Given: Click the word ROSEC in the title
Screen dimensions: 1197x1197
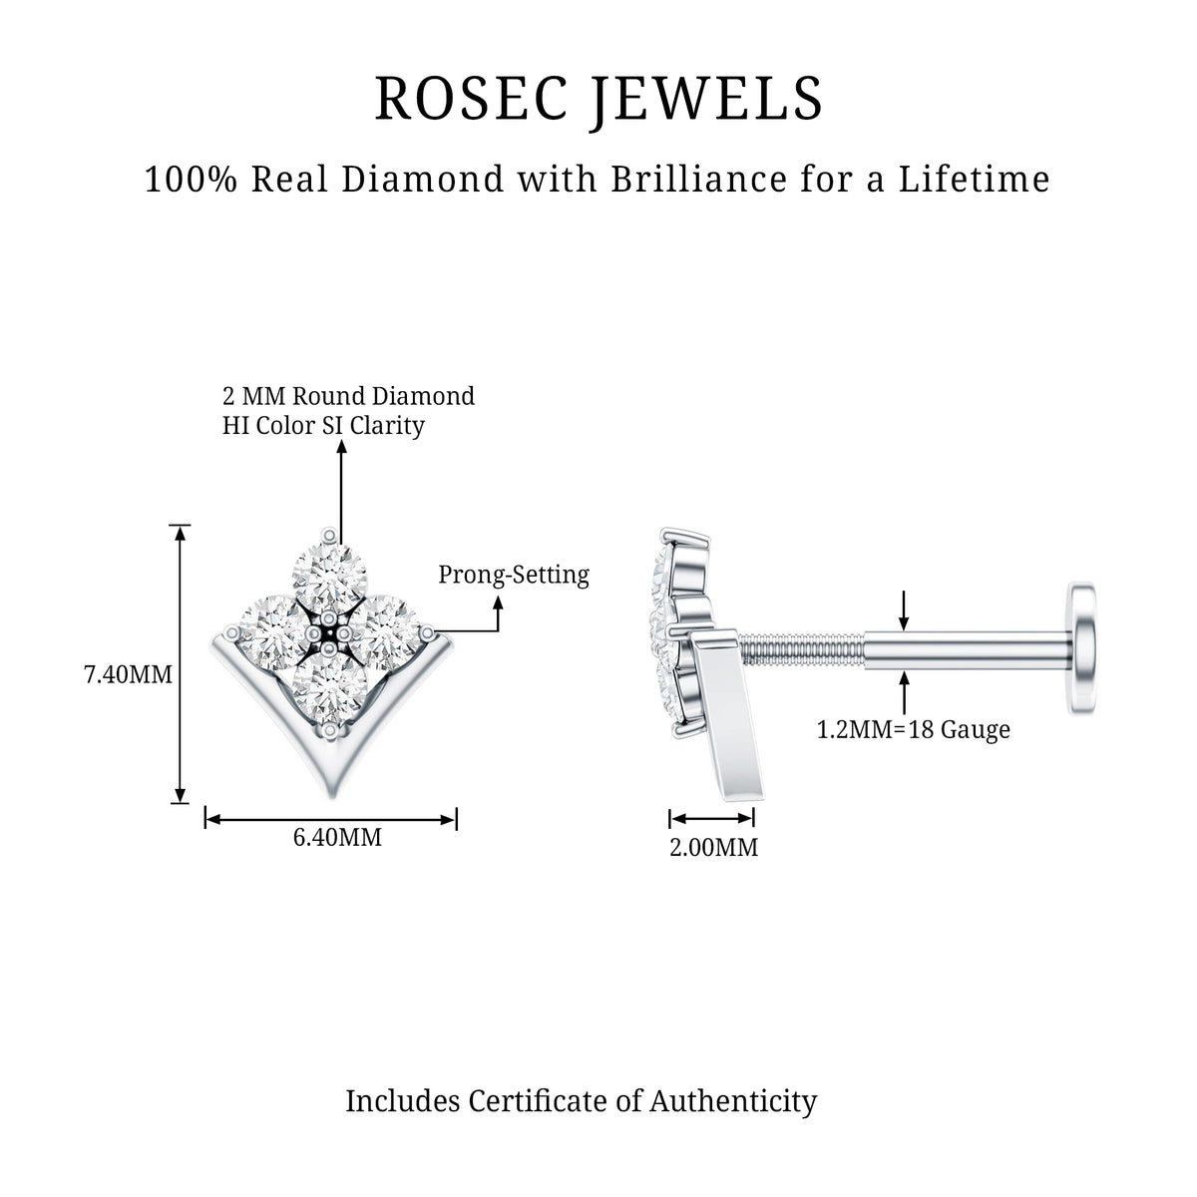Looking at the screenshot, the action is click(x=472, y=98).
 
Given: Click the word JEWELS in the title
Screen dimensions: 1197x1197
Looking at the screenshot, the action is click(x=706, y=101).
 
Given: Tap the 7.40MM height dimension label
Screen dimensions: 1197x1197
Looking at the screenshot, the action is click(x=128, y=674).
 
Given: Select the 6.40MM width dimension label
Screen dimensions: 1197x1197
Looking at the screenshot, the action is click(x=337, y=837).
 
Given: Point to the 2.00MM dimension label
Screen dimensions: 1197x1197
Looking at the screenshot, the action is click(x=714, y=847).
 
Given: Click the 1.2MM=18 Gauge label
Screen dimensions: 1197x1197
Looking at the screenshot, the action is click(x=913, y=729).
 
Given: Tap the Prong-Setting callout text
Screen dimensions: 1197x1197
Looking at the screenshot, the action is click(x=514, y=575).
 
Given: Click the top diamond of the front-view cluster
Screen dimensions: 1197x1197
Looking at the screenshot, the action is click(x=329, y=579).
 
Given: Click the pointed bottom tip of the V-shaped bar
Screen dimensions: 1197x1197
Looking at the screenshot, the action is click(x=331, y=798).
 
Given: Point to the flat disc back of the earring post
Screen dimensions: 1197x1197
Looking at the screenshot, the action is click(x=1081, y=648).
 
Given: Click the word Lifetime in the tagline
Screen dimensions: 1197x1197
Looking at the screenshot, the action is click(x=974, y=179).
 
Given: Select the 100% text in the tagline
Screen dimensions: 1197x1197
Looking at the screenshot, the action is click(x=191, y=179).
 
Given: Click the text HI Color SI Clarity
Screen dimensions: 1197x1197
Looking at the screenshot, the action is click(x=323, y=426).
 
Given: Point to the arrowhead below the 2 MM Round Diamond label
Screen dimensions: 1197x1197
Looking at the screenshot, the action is click(x=341, y=447).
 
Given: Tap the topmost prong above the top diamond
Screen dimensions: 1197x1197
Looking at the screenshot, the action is click(x=329, y=536).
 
